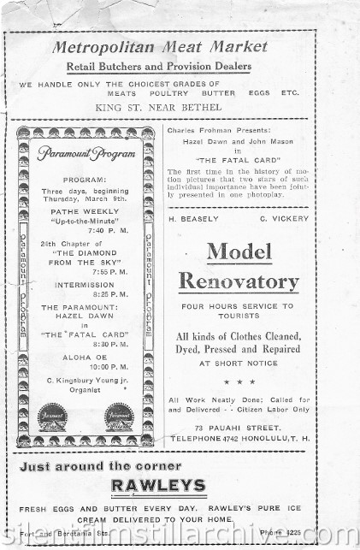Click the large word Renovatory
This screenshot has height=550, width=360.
239,281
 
